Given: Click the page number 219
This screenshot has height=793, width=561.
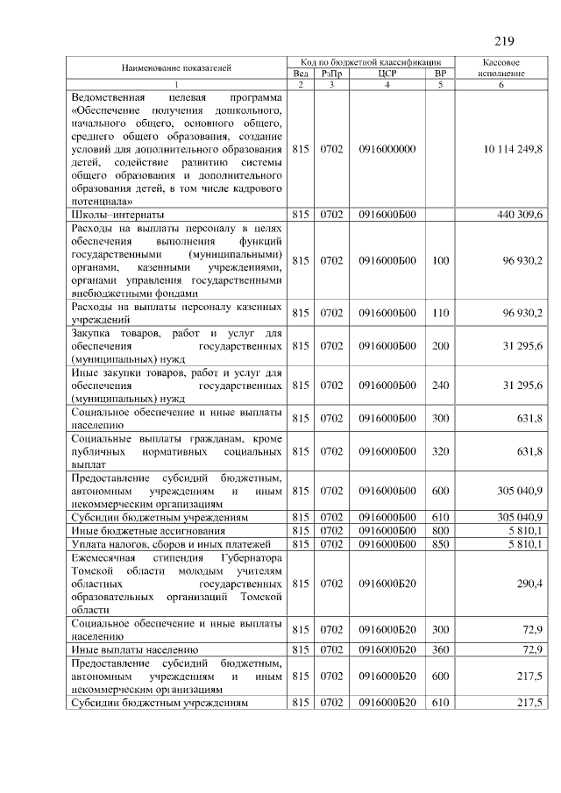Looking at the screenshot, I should click(x=503, y=41).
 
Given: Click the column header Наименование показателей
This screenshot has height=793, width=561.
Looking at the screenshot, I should click(x=177, y=67).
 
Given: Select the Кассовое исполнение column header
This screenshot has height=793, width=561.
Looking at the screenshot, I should click(x=502, y=68).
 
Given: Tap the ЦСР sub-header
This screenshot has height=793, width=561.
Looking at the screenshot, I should click(x=387, y=74).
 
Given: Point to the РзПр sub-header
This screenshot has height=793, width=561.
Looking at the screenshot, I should click(x=330, y=74).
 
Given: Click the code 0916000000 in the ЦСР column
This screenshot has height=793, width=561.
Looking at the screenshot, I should click(x=387, y=150).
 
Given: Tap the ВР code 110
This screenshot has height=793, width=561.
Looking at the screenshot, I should click(x=440, y=313).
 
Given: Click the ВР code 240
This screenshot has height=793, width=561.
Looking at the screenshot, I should click(x=440, y=385).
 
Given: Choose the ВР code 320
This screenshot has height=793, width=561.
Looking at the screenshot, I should click(x=440, y=451).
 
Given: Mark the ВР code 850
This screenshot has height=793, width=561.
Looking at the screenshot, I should click(x=440, y=544).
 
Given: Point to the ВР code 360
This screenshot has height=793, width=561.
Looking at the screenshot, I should click(x=440, y=649).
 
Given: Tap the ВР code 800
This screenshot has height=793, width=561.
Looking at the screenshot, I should click(x=440, y=531).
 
